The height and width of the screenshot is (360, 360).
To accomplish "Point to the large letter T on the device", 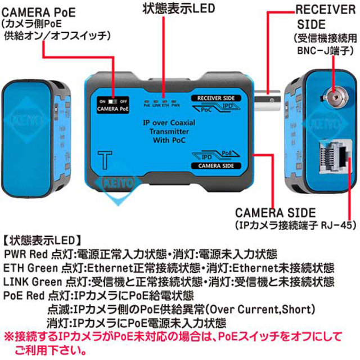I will tap(103, 157).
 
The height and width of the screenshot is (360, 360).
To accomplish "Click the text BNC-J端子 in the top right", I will tap(325, 49).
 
